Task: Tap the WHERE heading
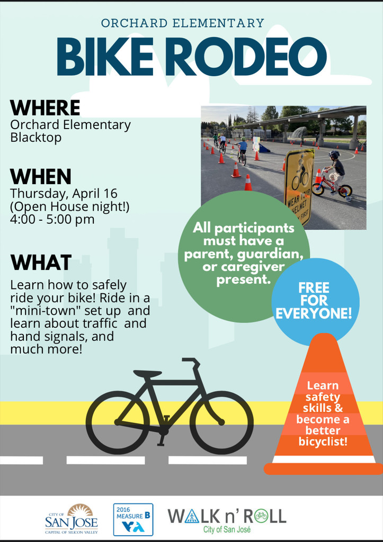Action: click(45, 107)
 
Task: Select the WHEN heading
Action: click(41, 176)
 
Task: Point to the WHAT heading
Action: click(41, 262)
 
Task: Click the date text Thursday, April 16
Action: click(64, 193)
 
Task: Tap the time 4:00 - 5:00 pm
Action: click(52, 219)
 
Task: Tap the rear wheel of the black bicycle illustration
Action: click(118, 422)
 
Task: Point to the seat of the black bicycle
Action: click(147, 374)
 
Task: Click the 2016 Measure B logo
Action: click(133, 519)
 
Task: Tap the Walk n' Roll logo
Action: click(227, 519)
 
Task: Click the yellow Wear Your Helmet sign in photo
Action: click(299, 185)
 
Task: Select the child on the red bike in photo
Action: click(333, 175)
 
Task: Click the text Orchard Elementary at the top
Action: click(182, 23)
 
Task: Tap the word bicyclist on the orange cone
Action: click(323, 440)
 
